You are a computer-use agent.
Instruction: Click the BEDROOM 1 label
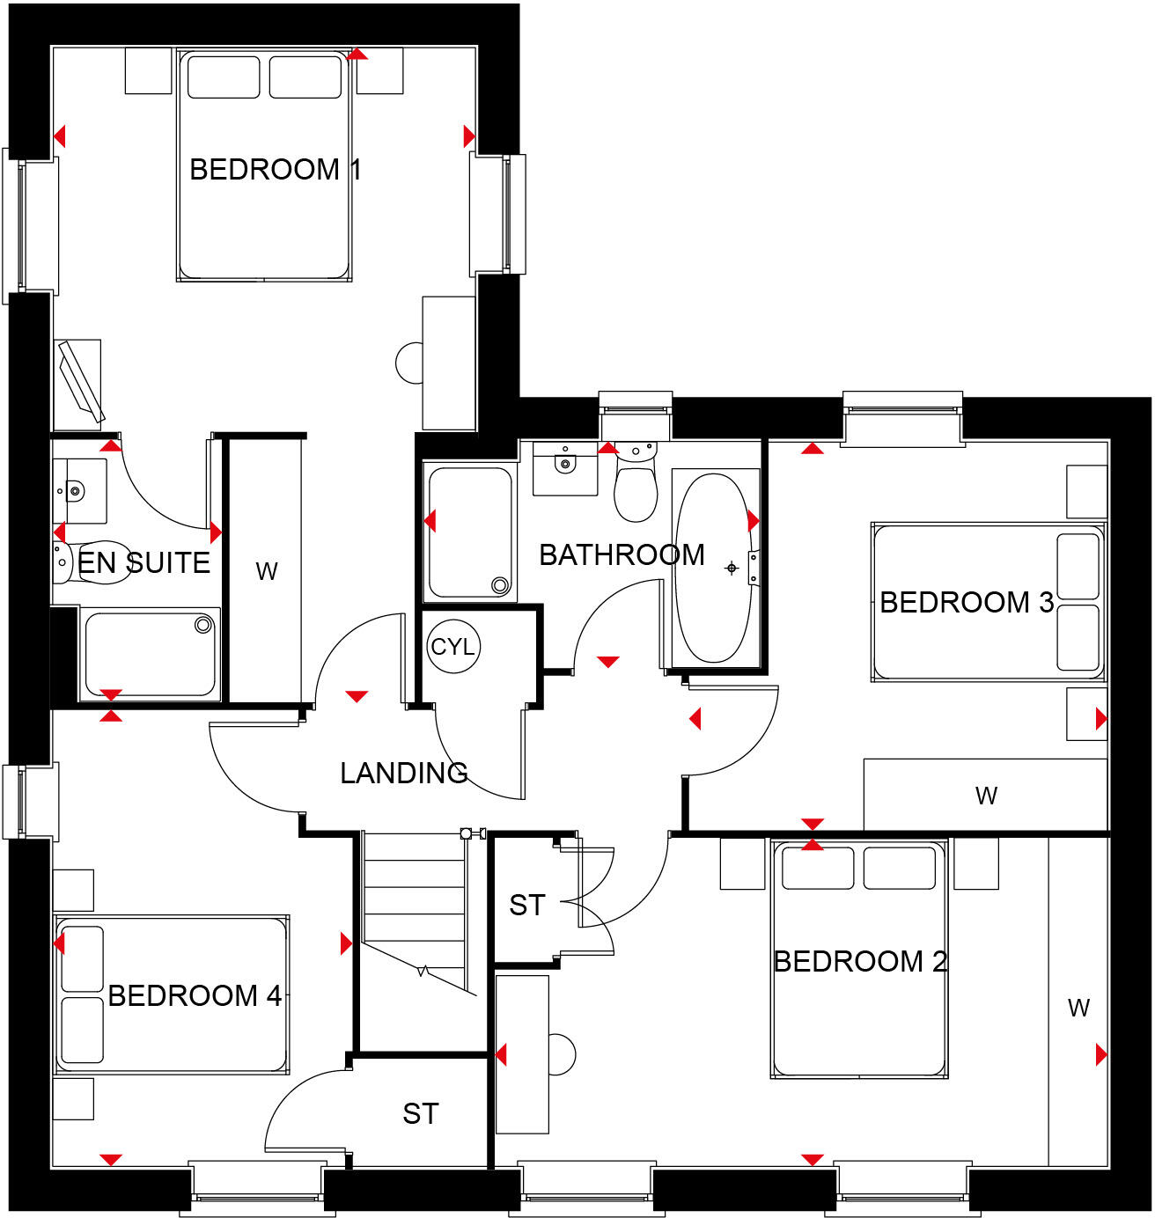275,169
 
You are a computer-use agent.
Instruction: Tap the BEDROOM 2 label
860,961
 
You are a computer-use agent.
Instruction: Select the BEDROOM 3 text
967,602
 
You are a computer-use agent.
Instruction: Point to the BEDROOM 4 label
195,995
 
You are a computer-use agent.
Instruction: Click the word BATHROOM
622,554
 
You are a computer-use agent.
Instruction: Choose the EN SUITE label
144,562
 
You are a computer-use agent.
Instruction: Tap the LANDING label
404,773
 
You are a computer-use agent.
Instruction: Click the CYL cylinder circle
452,647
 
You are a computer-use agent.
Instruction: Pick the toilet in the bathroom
636,488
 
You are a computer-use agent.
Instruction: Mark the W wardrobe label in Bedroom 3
986,796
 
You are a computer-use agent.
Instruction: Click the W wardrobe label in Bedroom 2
1078,1008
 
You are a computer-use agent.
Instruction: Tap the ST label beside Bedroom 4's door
420,1113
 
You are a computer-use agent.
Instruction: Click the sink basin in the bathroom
563,464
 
